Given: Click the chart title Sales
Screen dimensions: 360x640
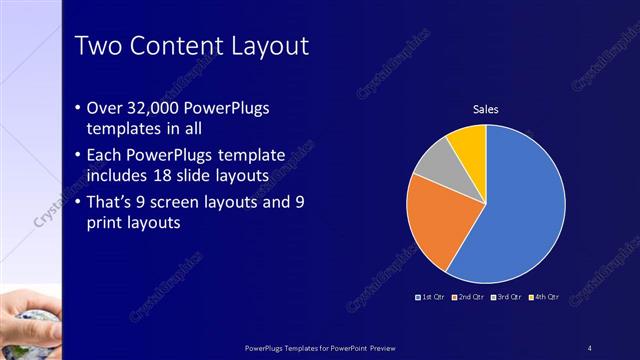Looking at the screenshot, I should pos(485,109).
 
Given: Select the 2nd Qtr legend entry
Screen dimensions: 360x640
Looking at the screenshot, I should pos(469,297).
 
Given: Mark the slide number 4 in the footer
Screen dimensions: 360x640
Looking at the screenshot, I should pos(590,347).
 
